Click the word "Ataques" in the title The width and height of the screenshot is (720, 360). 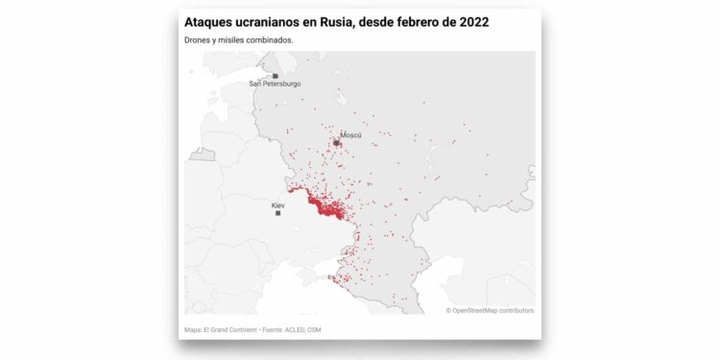click(x=209, y=21)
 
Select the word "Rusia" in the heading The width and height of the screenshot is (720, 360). click(x=352, y=21)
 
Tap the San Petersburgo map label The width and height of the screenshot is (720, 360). click(x=275, y=84)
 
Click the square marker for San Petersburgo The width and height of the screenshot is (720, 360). click(x=276, y=75)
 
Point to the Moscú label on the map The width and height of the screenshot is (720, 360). click(x=350, y=135)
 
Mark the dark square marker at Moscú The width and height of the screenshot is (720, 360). click(x=337, y=143)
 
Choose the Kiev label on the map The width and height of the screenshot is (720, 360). click(x=277, y=205)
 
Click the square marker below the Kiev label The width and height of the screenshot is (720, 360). click(x=278, y=213)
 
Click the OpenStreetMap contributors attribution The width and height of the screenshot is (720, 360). click(x=490, y=310)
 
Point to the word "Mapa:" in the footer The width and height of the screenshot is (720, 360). click(x=193, y=330)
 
